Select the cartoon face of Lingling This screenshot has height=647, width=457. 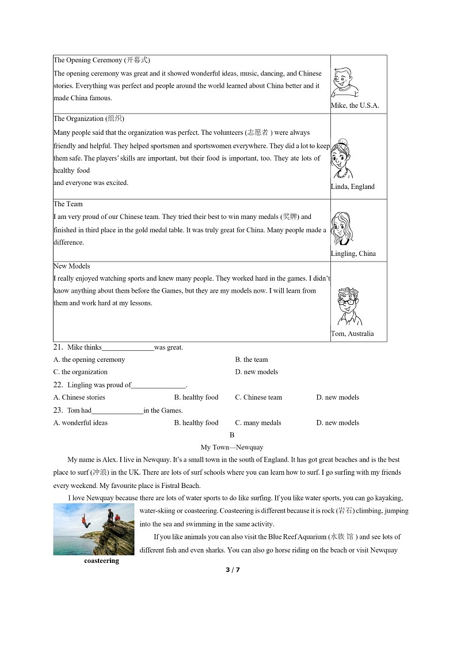(342, 229)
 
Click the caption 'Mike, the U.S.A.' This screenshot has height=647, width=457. (355, 105)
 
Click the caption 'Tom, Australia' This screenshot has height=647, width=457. (352, 334)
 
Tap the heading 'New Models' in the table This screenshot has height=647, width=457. (71, 266)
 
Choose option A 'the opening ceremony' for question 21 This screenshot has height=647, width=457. (89, 360)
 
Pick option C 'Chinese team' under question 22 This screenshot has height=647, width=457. (258, 397)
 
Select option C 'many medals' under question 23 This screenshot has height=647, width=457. (258, 422)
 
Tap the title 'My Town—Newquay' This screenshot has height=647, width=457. (232, 447)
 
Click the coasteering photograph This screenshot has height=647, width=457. (94, 529)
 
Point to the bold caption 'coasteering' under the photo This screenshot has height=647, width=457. (101, 561)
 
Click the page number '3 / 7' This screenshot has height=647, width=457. (232, 570)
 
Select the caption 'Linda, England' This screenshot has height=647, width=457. (352, 187)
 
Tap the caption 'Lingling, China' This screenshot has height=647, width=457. (353, 253)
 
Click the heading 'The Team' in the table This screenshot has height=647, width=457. (68, 204)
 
